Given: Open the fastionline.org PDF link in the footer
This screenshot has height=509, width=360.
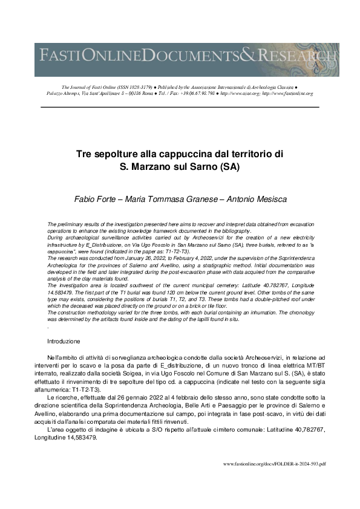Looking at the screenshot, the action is pyautogui.click(x=274, y=464).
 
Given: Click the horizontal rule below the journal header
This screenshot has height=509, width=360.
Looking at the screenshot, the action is pyautogui.click(x=180, y=107).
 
